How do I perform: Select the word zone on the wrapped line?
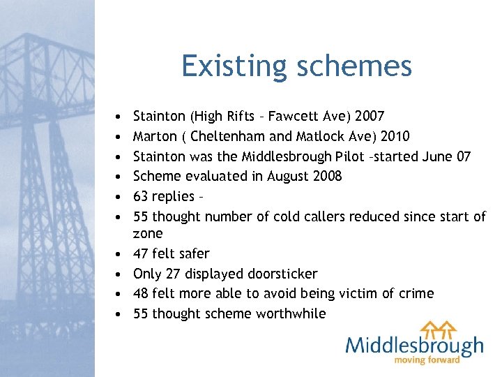(147, 233)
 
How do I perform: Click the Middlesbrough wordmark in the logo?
(414, 346)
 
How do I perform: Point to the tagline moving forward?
(427, 360)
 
